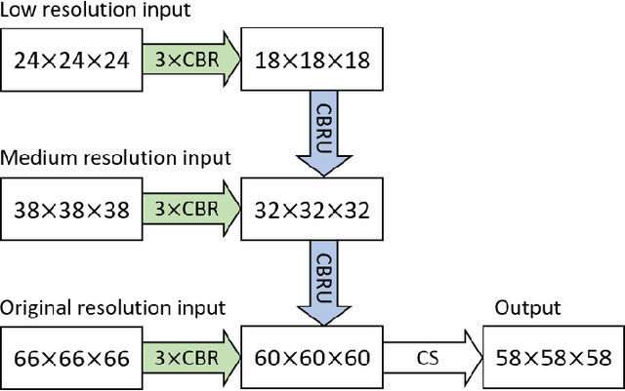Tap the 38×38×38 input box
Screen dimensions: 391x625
pyautogui.click(x=72, y=209)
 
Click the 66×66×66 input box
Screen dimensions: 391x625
pyautogui.click(x=72, y=357)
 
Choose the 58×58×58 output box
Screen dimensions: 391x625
pyautogui.click(x=553, y=357)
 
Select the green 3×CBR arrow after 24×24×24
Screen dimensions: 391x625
pyautogui.click(x=187, y=59)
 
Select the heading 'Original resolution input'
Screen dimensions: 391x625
pyautogui.click(x=113, y=308)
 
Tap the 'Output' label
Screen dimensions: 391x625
pyautogui.click(x=526, y=308)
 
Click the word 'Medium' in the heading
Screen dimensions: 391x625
pyautogui.click(x=35, y=158)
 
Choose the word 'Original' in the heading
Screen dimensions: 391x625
pyautogui.click(x=35, y=308)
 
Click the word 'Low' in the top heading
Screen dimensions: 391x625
pyautogui.click(x=19, y=11)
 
